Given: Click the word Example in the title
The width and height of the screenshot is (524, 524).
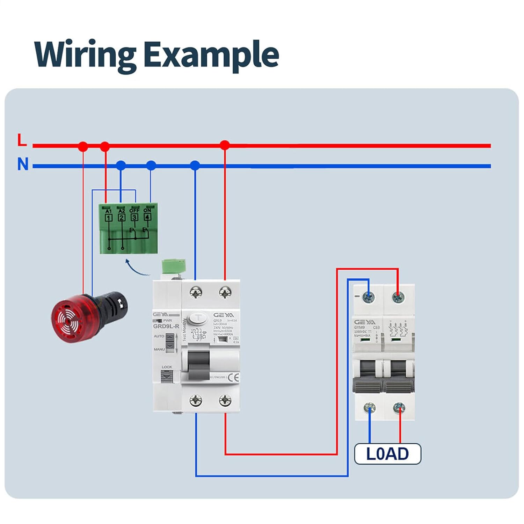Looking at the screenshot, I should (211, 55).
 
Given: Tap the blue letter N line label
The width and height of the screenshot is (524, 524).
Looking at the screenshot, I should (23, 164).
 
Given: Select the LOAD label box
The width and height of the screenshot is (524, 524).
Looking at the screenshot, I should (387, 454).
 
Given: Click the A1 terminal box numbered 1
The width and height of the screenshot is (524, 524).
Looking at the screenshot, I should (109, 218).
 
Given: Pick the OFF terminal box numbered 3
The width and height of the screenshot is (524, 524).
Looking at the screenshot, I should (134, 218).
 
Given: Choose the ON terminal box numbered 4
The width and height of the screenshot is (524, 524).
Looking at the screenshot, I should (147, 217).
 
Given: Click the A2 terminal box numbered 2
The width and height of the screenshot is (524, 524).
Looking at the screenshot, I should (121, 218).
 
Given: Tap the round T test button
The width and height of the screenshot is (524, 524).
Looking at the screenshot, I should (198, 318).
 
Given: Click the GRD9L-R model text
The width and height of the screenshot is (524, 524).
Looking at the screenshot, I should (166, 326).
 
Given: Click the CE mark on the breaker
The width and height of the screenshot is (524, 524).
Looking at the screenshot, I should (235, 377).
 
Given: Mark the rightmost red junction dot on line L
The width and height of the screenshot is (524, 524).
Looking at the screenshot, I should (225, 145).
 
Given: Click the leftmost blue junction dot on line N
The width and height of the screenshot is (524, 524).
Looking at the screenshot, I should (121, 166).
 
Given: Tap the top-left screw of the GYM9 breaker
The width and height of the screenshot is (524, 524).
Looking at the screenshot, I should (368, 297).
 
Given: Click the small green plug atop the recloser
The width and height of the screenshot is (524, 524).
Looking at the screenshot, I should (174, 267).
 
